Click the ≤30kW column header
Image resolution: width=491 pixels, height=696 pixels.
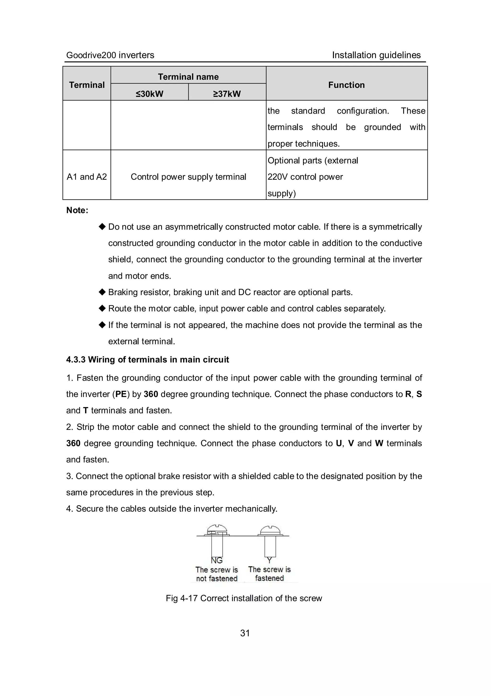coord(149,94)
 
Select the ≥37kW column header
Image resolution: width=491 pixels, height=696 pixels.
coord(227,94)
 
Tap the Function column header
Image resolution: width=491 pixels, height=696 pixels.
coord(346,85)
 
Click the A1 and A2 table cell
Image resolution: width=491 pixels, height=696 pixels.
coord(87,177)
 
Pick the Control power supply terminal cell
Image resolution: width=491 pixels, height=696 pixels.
coord(188,177)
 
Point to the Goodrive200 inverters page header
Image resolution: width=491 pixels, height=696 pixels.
coord(110,55)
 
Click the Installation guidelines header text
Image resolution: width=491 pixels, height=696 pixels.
coord(376,55)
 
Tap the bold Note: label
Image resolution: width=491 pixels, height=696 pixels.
coord(77,210)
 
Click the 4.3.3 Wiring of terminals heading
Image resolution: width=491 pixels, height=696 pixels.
coord(147,360)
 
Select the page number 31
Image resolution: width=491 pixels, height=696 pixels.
coord(245,633)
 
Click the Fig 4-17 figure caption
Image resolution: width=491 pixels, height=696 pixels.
coord(244,598)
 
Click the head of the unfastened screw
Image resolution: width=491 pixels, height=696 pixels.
coord(217,529)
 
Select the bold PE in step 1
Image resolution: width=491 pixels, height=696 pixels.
coord(121,394)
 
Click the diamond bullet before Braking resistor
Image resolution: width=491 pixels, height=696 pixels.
coord(102,292)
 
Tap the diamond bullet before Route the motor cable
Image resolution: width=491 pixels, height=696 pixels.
coord(102,308)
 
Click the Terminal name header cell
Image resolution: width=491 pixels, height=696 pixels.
coord(188,77)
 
